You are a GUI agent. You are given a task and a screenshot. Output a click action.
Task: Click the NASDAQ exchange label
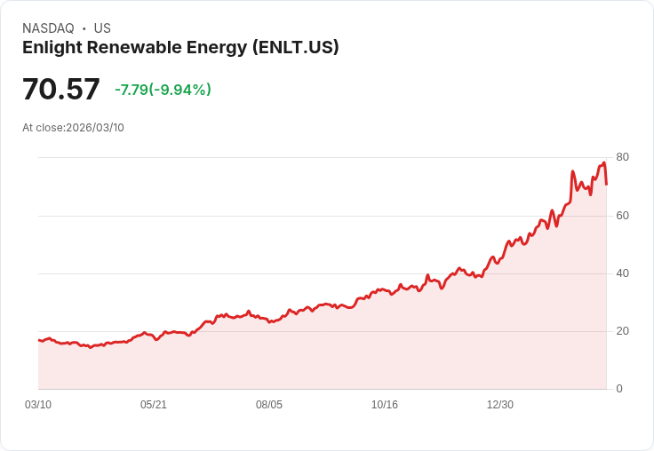tap(48, 28)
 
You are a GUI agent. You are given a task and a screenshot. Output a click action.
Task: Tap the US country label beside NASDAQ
tap(102, 28)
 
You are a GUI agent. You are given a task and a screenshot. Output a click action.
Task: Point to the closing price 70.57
tap(61, 90)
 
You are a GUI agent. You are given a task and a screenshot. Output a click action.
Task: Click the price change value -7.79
tap(131, 90)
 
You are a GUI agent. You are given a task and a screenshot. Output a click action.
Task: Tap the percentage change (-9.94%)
tap(179, 90)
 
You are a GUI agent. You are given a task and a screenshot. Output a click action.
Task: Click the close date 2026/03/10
tap(95, 128)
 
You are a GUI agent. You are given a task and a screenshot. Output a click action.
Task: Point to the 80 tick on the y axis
tap(622, 157)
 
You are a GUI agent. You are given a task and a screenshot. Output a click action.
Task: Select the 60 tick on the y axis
tap(622, 216)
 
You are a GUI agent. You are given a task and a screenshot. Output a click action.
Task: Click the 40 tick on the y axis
tap(622, 273)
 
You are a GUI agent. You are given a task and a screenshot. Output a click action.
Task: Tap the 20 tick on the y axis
tap(622, 331)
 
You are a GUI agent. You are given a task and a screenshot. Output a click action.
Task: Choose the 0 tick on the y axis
tap(619, 389)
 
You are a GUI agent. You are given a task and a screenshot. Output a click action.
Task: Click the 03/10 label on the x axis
tap(38, 405)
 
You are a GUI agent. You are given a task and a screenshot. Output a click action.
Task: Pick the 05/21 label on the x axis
tap(154, 405)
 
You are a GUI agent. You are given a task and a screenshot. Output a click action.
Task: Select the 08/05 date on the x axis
tap(269, 405)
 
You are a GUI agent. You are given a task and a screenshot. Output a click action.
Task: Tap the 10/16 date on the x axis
tap(385, 405)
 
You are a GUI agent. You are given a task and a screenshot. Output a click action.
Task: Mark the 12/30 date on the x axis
tap(500, 405)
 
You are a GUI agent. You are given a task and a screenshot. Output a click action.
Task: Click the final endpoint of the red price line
tap(606, 184)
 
